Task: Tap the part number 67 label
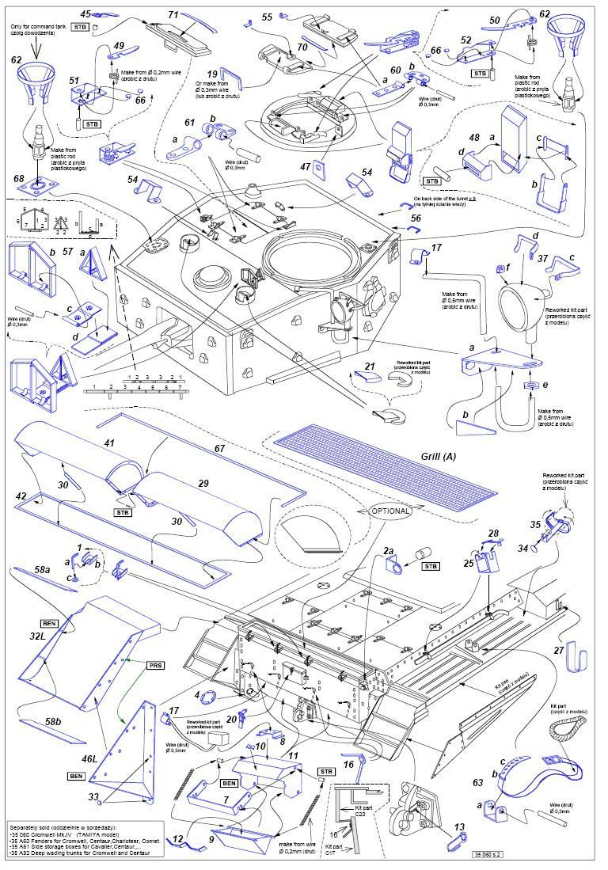tap(219, 449)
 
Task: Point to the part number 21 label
tap(369, 367)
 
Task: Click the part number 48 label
tap(474, 138)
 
